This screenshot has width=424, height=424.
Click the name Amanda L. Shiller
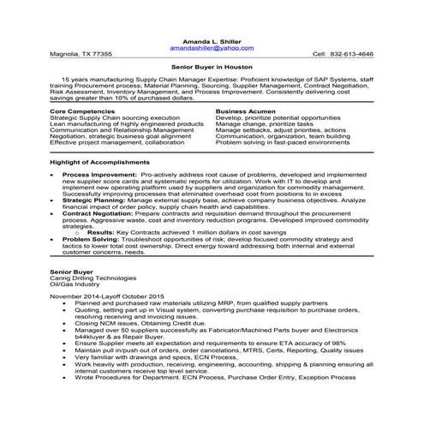tap(211, 41)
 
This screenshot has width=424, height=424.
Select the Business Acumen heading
tap(242, 111)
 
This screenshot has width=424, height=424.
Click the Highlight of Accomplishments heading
tap(99, 161)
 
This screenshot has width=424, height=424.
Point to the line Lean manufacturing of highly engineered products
tap(127, 123)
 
